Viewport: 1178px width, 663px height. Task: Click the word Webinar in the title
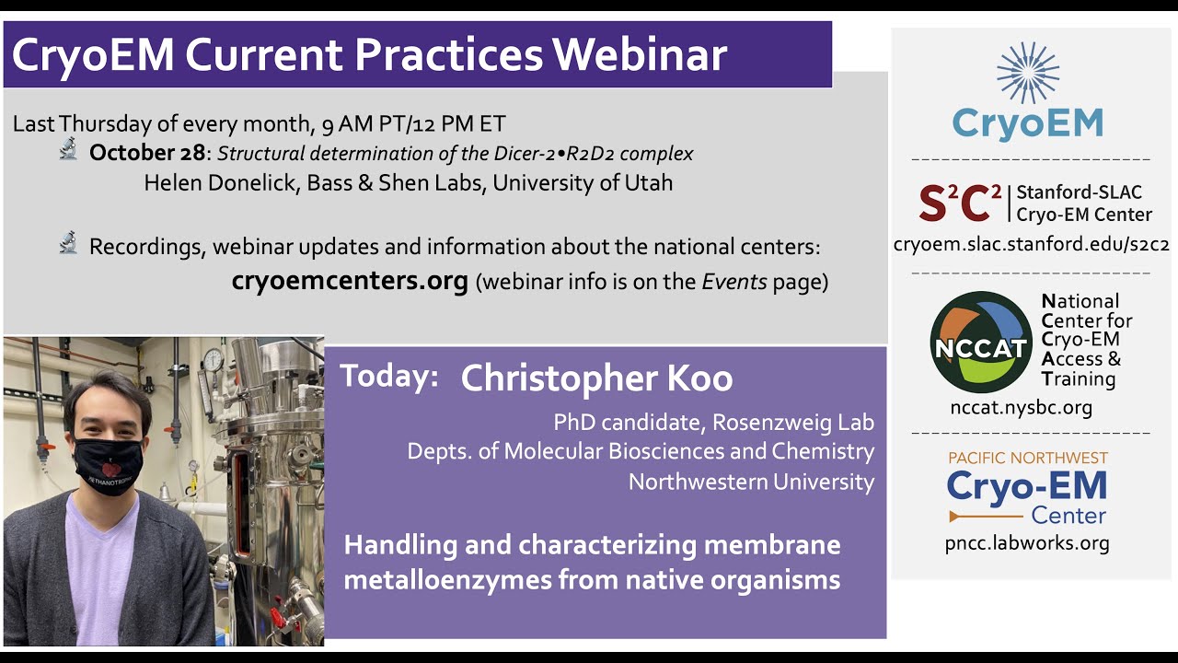point(640,55)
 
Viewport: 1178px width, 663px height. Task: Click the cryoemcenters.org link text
point(350,280)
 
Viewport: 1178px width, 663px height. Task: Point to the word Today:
point(388,377)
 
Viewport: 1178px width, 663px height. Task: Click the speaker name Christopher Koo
point(596,378)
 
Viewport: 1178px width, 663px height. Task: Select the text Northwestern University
point(751,482)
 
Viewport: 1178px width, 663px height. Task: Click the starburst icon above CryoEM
point(1028,73)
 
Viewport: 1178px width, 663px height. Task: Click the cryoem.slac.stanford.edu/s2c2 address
point(1031,245)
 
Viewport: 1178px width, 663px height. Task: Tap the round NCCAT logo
point(981,342)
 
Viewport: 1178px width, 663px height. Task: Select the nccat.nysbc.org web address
point(1022,407)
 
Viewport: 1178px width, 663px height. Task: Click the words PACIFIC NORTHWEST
point(1027,458)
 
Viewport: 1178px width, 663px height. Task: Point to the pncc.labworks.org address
point(1027,543)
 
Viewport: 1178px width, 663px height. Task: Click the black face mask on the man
point(109,465)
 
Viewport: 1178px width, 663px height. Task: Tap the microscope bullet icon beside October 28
point(68,150)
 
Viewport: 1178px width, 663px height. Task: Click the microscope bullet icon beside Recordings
point(68,244)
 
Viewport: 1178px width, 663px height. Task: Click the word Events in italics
point(734,282)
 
